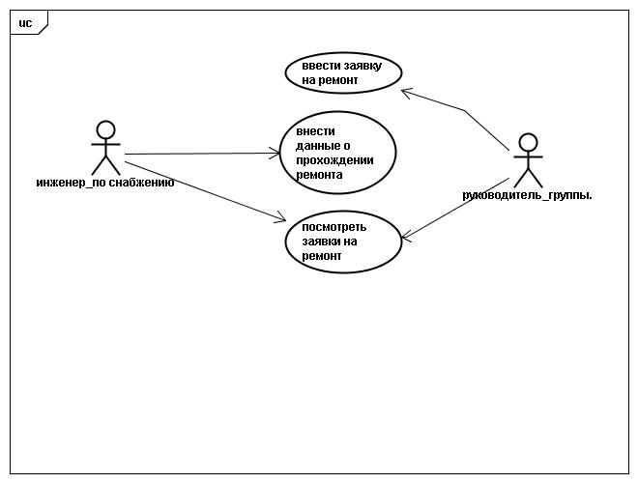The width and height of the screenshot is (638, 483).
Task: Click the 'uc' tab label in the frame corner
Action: click(25, 23)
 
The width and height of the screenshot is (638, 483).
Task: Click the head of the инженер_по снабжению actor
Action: click(105, 130)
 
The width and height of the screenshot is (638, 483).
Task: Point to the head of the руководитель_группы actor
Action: click(528, 143)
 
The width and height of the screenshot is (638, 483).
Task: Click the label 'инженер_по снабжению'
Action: click(105, 183)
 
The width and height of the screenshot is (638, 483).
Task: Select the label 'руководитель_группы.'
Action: click(528, 195)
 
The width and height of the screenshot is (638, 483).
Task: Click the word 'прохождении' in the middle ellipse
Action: click(334, 160)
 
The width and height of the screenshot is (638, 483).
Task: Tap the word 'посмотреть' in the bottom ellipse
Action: click(334, 227)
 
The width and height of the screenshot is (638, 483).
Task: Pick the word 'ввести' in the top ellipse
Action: click(321, 66)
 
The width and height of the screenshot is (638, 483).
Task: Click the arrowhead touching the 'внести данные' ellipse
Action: click(275, 154)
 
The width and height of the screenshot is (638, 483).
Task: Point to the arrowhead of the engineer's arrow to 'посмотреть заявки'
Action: click(281, 218)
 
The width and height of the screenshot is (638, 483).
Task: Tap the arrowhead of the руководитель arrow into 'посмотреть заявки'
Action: click(406, 237)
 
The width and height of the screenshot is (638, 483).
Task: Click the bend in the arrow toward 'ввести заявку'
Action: click(464, 110)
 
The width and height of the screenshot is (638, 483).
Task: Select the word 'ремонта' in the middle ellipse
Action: click(319, 175)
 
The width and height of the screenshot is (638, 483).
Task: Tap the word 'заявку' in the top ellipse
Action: click(362, 66)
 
